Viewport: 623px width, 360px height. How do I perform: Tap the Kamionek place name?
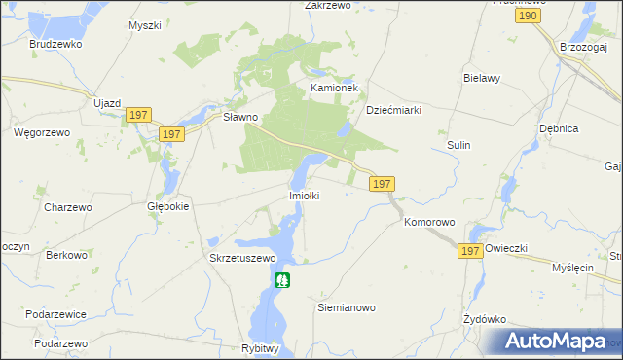click(x=335, y=88)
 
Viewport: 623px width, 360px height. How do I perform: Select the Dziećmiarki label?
click(x=392, y=110)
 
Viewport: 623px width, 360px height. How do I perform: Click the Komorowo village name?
click(x=429, y=222)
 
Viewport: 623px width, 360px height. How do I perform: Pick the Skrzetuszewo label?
click(x=243, y=258)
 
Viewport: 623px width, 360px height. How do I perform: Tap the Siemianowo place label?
click(x=347, y=307)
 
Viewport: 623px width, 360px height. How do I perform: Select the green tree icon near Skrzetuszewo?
click(x=282, y=280)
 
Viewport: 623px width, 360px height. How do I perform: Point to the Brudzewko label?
click(x=55, y=45)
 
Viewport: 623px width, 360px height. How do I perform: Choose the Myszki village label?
click(x=144, y=25)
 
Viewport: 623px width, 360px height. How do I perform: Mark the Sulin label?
click(x=458, y=145)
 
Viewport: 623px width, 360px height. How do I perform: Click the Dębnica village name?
click(x=559, y=128)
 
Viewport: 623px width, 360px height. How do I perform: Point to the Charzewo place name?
click(x=68, y=207)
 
